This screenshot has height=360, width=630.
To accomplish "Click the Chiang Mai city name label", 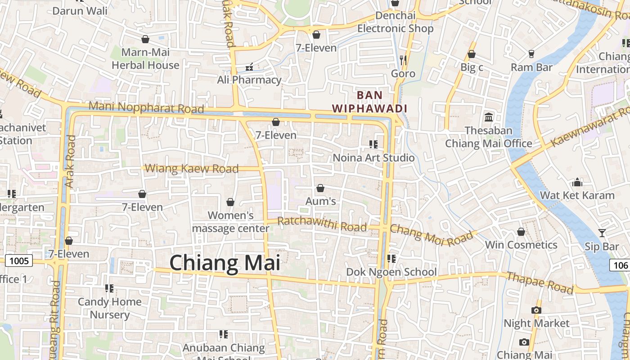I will pyautogui.click(x=225, y=263).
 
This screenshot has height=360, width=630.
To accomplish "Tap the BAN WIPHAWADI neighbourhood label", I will pyautogui.click(x=369, y=102).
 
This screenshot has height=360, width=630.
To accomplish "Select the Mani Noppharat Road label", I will pyautogui.click(x=146, y=108).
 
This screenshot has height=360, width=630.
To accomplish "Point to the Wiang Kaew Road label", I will pyautogui.click(x=192, y=169).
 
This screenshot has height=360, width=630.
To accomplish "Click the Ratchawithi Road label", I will pyautogui.click(x=322, y=224).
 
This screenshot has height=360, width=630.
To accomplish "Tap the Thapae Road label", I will pyautogui.click(x=540, y=282).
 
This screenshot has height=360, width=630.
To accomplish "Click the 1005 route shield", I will pyautogui.click(x=19, y=261).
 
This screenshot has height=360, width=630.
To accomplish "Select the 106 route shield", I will pyautogui.click(x=621, y=265).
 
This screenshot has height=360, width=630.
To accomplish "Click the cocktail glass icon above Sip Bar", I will pyautogui.click(x=602, y=233).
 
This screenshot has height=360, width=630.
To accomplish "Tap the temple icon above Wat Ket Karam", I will pyautogui.click(x=577, y=182).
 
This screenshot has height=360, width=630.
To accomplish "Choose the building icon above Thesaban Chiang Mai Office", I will pyautogui.click(x=488, y=117).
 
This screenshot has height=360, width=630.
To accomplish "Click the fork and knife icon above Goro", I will pyautogui.click(x=403, y=59).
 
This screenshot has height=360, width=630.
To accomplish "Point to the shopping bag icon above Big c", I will pyautogui.click(x=472, y=54).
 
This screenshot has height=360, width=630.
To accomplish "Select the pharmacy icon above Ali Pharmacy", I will pyautogui.click(x=249, y=67).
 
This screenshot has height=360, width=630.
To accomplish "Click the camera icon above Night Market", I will pyautogui.click(x=536, y=310).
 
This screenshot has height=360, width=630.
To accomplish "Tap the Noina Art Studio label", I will pyautogui.click(x=373, y=158).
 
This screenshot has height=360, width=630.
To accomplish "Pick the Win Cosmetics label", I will pyautogui.click(x=521, y=245).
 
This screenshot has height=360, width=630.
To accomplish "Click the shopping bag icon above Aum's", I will pyautogui.click(x=320, y=188).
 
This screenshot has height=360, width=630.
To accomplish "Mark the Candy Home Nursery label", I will pyautogui.click(x=109, y=308).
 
